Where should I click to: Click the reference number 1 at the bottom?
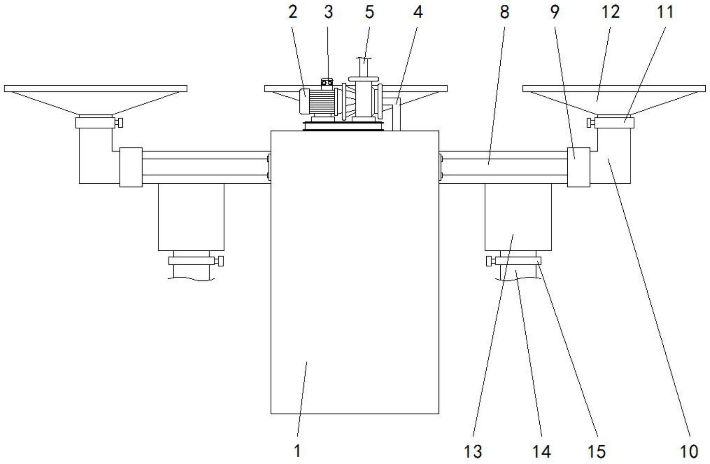[x=297, y=451]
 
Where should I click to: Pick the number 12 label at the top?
[x=611, y=12]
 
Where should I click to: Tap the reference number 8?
[x=505, y=12]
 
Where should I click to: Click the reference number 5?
[x=369, y=12]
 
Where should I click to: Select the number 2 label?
[x=293, y=12]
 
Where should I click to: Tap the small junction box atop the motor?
[x=327, y=82]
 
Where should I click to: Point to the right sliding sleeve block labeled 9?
[x=579, y=167]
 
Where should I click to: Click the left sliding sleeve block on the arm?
[x=131, y=167]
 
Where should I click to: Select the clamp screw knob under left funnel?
[x=119, y=123]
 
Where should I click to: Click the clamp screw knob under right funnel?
[x=589, y=123]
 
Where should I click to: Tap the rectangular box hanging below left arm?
[x=191, y=217]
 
